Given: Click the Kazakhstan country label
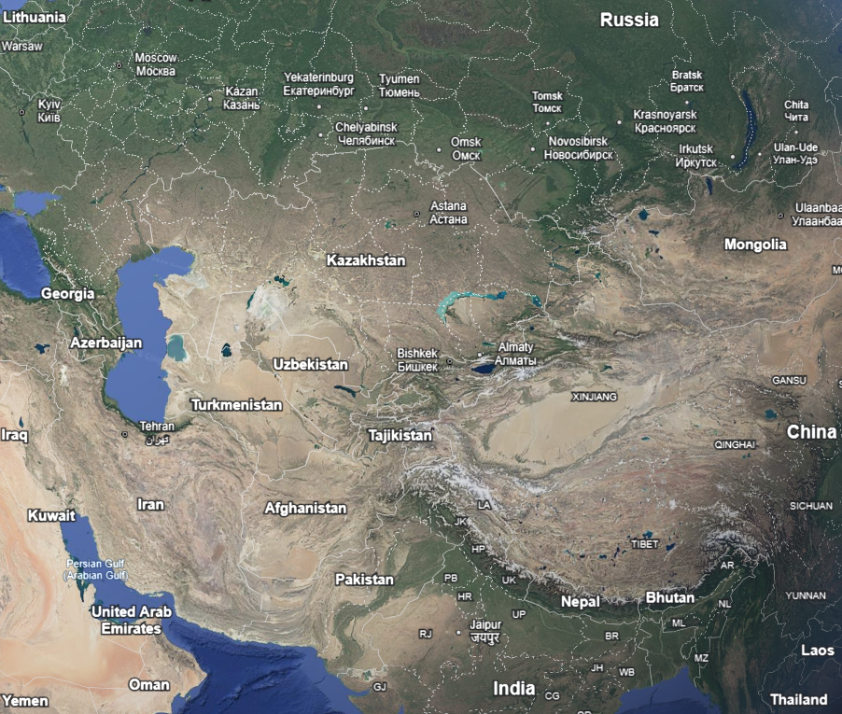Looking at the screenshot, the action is [366, 260].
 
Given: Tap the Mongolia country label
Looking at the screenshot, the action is [755, 245].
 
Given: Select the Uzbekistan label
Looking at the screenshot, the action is [310, 365].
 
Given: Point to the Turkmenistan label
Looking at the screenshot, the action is [236, 405].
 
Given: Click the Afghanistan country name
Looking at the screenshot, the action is [305, 509].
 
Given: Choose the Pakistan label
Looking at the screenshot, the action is [364, 580].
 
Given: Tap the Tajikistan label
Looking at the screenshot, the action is [400, 436].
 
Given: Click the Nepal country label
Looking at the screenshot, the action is [580, 602].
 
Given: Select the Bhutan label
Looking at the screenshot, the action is [669, 597].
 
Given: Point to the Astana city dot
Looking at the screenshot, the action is [416, 214].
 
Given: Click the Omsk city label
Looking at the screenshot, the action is [466, 148].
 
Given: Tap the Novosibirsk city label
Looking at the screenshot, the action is [578, 147].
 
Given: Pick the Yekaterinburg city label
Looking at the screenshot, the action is [318, 84].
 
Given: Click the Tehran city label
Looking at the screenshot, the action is [156, 427].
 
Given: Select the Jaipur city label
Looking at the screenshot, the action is [485, 631].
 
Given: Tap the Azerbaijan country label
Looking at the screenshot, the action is [106, 343].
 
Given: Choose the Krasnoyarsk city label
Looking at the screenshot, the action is [665, 120].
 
